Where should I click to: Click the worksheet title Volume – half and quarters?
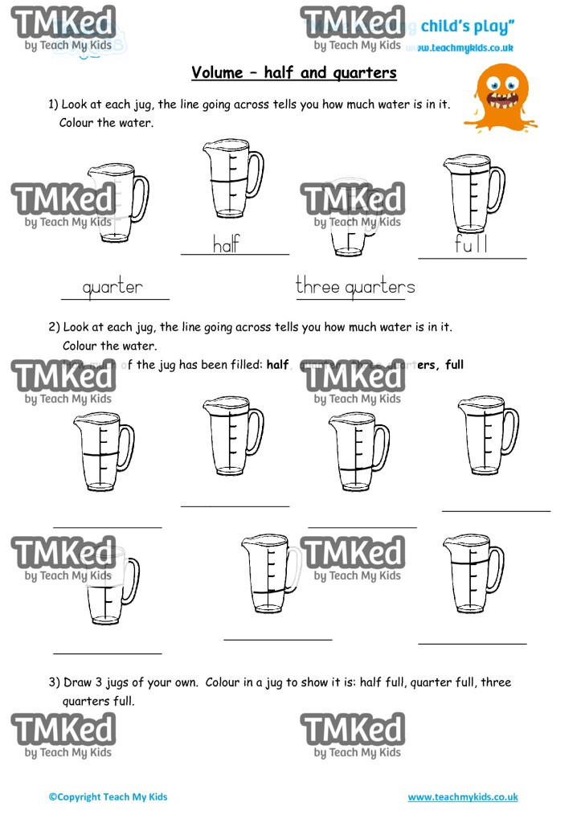(x=294, y=73)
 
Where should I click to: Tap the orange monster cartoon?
(x=501, y=96)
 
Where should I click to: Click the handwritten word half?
(x=226, y=244)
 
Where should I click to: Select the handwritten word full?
(x=470, y=244)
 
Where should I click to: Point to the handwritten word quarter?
(x=113, y=287)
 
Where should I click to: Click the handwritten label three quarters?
(x=355, y=286)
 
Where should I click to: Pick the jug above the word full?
(x=469, y=194)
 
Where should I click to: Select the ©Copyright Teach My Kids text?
(x=108, y=797)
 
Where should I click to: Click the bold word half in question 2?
(x=277, y=365)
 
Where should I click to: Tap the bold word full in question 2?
(x=454, y=365)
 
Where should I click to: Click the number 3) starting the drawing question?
(x=55, y=682)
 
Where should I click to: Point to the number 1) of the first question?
(x=55, y=104)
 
